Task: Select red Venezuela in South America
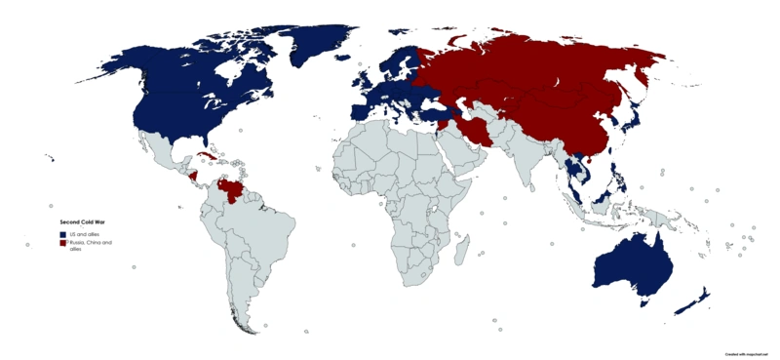pos(235,186)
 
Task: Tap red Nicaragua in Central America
pos(192,178)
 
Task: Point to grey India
pos(527,156)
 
